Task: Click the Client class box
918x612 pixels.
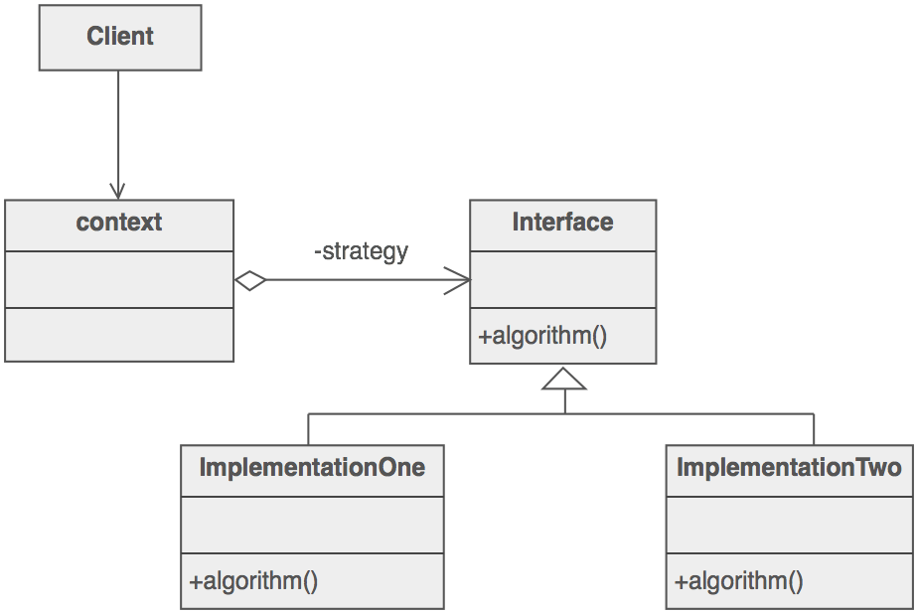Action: tap(119, 38)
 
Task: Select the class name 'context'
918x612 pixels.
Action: tap(119, 222)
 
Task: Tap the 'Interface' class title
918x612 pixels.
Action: tap(562, 222)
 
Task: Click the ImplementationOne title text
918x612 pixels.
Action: tap(312, 467)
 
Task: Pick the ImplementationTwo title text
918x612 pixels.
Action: tap(789, 467)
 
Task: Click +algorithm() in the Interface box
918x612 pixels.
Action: tap(542, 336)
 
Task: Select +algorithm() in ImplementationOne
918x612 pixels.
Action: tap(253, 581)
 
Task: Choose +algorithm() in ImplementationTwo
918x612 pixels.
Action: tap(739, 581)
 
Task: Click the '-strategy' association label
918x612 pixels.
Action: tap(361, 251)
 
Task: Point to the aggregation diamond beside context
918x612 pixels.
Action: tap(251, 280)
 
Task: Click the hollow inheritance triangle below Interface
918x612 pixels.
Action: tap(564, 379)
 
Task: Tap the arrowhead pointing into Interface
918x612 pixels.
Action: tap(459, 280)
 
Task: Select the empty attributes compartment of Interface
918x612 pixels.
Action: tap(562, 279)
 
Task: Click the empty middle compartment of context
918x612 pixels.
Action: tap(119, 279)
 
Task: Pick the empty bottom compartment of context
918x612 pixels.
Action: tap(119, 334)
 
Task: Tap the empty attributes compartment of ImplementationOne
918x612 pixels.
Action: tap(312, 525)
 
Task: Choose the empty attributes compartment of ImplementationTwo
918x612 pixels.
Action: tap(789, 525)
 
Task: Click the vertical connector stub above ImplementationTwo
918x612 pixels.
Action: tap(814, 428)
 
